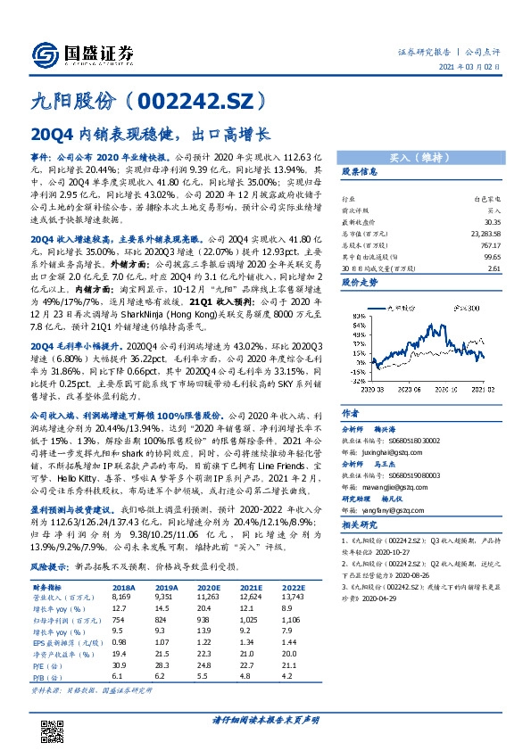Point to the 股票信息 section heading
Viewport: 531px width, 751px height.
point(361,172)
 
